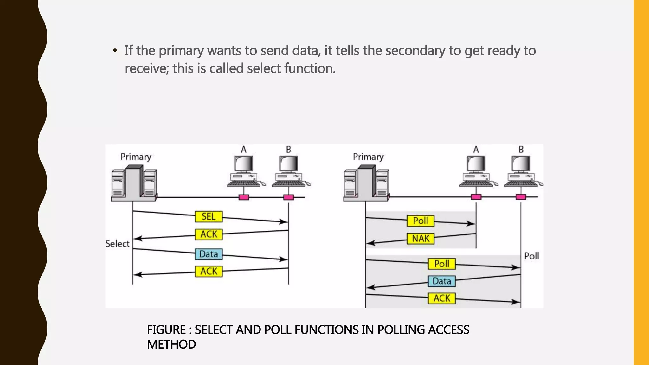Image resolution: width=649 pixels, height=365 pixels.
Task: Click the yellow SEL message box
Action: pos(209,217)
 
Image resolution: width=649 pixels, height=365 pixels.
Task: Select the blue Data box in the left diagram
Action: pos(209,254)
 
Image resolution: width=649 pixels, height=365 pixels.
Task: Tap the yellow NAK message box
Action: pos(421,239)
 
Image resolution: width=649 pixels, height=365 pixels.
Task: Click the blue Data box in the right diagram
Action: pos(441,281)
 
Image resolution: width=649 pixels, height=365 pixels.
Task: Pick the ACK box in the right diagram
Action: pos(441,298)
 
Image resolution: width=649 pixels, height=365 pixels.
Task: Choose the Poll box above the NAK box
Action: pos(421,221)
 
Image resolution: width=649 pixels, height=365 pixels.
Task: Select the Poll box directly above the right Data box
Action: pos(441,264)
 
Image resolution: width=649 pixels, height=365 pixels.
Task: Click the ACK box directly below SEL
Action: pos(209,234)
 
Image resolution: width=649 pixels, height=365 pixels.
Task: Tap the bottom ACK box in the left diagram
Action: pos(209,272)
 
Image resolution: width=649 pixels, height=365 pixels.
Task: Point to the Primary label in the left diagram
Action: pos(136,157)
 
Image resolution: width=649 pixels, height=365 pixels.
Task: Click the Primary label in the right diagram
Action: pos(368,157)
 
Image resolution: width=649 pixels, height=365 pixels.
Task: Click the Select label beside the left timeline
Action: pos(117,244)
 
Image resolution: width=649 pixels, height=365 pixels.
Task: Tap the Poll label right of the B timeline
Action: pos(531,256)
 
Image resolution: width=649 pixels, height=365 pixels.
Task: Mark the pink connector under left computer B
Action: pos(288,197)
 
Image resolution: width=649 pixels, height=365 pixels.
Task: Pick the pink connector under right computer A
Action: pos(476,197)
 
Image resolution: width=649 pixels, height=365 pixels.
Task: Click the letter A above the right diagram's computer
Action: pos(476,150)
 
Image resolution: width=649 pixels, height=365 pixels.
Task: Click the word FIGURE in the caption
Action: pos(166,330)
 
